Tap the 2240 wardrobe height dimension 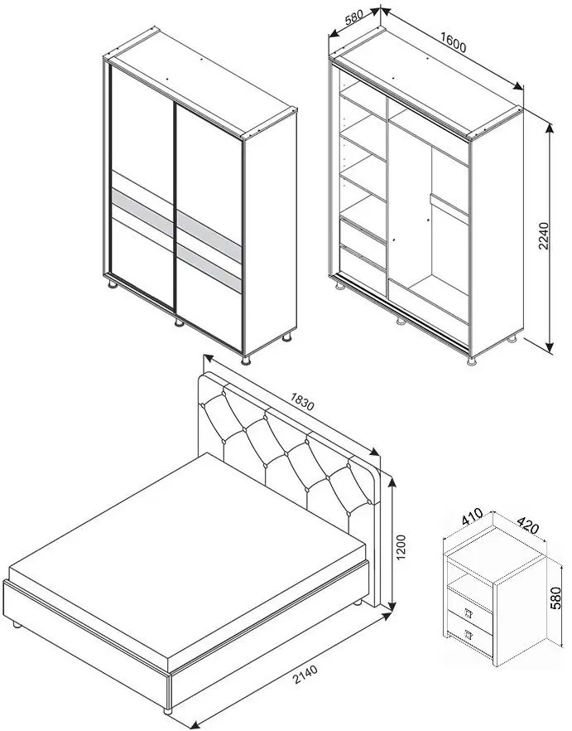pyautogui.click(x=544, y=236)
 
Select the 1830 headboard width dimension pyautogui.click(x=302, y=401)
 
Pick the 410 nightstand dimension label pyautogui.click(x=472, y=516)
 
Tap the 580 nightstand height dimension pyautogui.click(x=555, y=598)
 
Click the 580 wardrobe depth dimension pyautogui.click(x=354, y=17)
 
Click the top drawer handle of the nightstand pyautogui.click(x=469, y=613)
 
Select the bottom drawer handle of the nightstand pyautogui.click(x=469, y=634)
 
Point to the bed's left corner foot pyautogui.click(x=17, y=625)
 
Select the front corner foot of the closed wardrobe pyautogui.click(x=246, y=360)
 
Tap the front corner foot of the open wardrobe pyautogui.click(x=473, y=361)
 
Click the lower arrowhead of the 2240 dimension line pyautogui.click(x=550, y=348)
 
